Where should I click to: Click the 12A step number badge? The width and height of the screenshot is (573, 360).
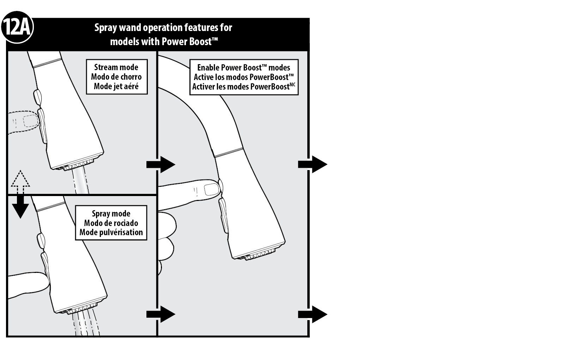click(x=17, y=28)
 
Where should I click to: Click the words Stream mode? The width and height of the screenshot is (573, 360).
click(x=116, y=67)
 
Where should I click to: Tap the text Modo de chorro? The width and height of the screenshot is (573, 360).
click(x=116, y=77)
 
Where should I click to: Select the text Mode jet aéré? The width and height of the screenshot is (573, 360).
click(x=116, y=86)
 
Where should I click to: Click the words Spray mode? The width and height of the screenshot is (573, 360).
click(x=111, y=213)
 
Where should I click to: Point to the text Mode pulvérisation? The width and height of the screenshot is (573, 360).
click(x=111, y=232)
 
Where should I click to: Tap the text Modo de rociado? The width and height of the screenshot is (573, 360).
click(x=111, y=223)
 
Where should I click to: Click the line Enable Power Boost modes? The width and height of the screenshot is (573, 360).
click(x=243, y=67)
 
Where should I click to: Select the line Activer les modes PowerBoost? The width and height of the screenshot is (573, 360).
click(x=243, y=87)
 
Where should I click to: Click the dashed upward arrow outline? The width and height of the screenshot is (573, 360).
click(x=20, y=182)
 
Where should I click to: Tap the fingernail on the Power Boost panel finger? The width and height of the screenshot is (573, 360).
click(x=212, y=190)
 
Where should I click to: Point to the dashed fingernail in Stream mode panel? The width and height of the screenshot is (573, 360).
click(x=31, y=121)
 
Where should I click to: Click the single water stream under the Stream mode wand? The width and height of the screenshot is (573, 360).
click(x=80, y=181)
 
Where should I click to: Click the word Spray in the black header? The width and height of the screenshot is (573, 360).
click(x=106, y=28)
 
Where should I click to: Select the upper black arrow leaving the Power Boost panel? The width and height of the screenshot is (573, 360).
click(x=313, y=164)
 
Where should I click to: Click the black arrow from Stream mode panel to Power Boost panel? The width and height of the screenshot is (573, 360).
click(x=161, y=164)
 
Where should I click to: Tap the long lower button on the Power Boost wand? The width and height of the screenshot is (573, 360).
click(x=223, y=216)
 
